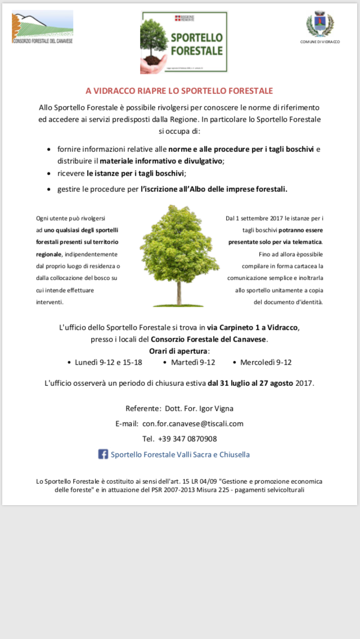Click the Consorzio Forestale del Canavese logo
coord(42,27)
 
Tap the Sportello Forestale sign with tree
coord(184,43)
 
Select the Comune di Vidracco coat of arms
coord(319,25)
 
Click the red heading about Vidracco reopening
coord(179,91)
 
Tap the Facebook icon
coord(103,454)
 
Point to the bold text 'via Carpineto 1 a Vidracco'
coord(253,327)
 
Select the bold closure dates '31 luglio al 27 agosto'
coord(250,384)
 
